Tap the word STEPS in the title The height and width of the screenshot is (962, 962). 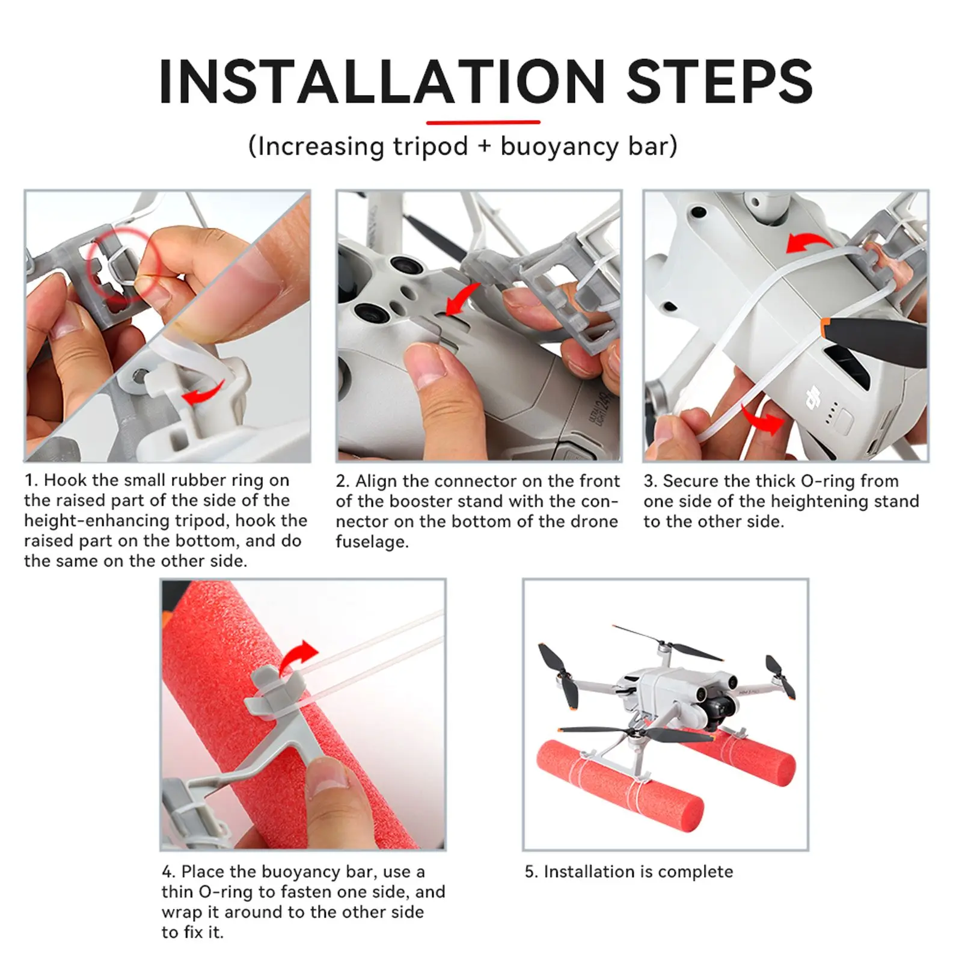click(x=720, y=82)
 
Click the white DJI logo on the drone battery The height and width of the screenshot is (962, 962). click(x=813, y=396)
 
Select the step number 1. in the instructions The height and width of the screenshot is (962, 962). click(x=31, y=480)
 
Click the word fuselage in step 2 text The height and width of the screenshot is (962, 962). click(x=372, y=542)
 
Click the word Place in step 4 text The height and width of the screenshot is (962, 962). click(x=202, y=872)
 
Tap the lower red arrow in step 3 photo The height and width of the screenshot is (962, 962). click(x=762, y=420)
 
